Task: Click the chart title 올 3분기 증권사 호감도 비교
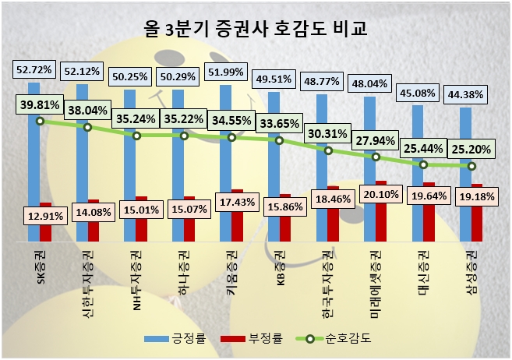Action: (256, 30)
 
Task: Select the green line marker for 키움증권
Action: (231, 138)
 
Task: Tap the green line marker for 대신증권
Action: (423, 165)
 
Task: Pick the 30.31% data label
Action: (329, 132)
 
